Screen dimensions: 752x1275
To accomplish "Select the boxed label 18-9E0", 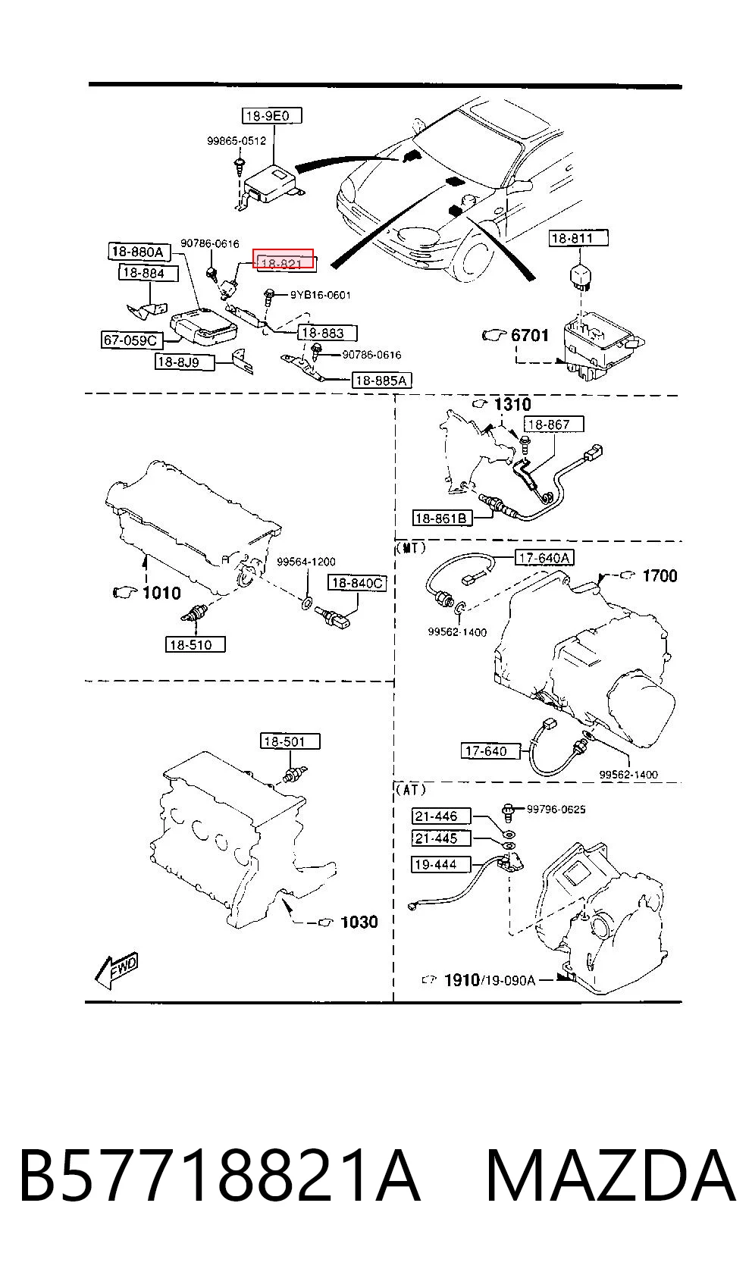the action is tap(271, 115).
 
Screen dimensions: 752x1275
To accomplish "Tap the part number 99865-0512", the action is tap(237, 140).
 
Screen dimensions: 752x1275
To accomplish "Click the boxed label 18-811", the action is tap(578, 239).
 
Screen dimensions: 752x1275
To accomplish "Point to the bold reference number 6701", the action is tap(529, 335).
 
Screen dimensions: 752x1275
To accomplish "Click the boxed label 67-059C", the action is tap(131, 340).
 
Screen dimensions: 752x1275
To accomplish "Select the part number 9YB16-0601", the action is tap(321, 295).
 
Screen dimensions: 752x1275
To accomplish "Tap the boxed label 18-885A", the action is tap(381, 381).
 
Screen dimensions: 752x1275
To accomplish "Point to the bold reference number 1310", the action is tap(512, 405).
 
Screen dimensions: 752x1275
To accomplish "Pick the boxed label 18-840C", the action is tap(357, 583).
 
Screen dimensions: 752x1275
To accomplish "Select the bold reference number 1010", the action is tap(161, 593).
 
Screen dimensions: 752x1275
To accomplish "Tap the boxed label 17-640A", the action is tap(544, 558).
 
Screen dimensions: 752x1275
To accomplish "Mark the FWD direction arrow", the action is tap(116, 970).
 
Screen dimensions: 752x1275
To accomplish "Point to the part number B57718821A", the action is tap(220, 1176).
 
